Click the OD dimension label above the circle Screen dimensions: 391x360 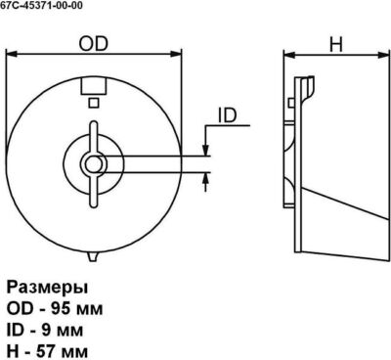coord(93,44)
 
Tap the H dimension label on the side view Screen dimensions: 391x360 coord(336,44)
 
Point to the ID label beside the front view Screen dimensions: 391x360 coord(227,115)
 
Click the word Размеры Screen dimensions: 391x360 coord(48,289)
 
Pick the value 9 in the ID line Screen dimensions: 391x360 coord(46,330)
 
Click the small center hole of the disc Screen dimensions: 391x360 coord(93,163)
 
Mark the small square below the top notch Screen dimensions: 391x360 coord(94,103)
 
